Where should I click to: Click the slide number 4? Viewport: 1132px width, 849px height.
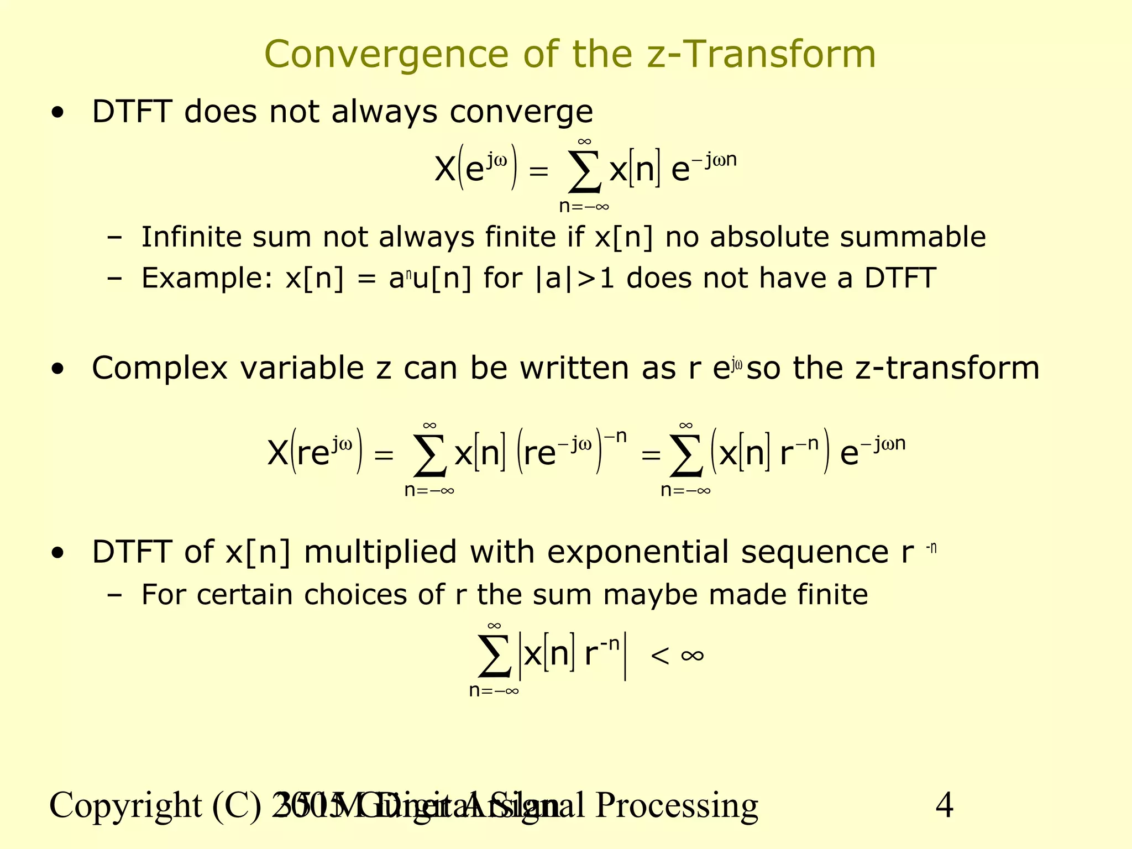(x=944, y=805)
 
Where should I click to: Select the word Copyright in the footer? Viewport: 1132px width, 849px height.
(x=125, y=805)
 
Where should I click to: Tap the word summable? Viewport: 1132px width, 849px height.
(x=913, y=237)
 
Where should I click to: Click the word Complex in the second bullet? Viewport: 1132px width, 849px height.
(x=160, y=369)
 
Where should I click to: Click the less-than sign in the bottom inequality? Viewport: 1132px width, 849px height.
(x=660, y=656)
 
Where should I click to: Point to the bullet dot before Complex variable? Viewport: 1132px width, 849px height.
(x=57, y=370)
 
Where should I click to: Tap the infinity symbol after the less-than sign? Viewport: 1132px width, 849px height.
(x=692, y=656)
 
